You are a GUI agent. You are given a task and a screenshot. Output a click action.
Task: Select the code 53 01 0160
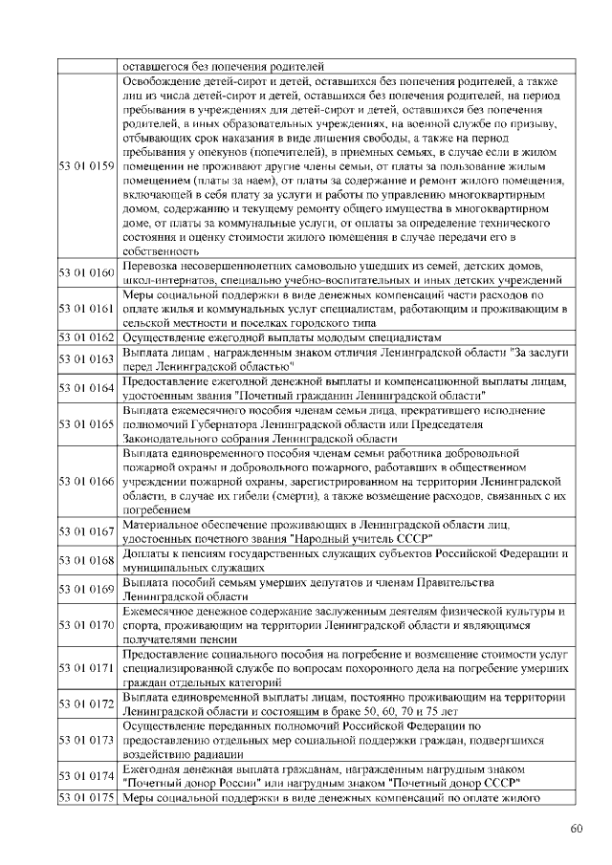[88, 272]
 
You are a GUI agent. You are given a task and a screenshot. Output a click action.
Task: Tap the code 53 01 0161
[88, 309]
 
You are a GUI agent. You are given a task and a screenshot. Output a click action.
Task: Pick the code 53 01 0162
[88, 337]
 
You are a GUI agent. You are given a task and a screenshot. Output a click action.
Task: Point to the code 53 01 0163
[88, 358]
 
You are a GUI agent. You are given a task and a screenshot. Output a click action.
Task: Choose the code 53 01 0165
[88, 423]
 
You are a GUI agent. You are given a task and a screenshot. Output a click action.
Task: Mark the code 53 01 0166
[88, 481]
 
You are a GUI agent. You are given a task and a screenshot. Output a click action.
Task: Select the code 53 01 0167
[88, 531]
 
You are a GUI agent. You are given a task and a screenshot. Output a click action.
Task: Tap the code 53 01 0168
[88, 560]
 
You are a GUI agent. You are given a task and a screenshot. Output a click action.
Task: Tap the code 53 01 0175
[88, 798]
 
